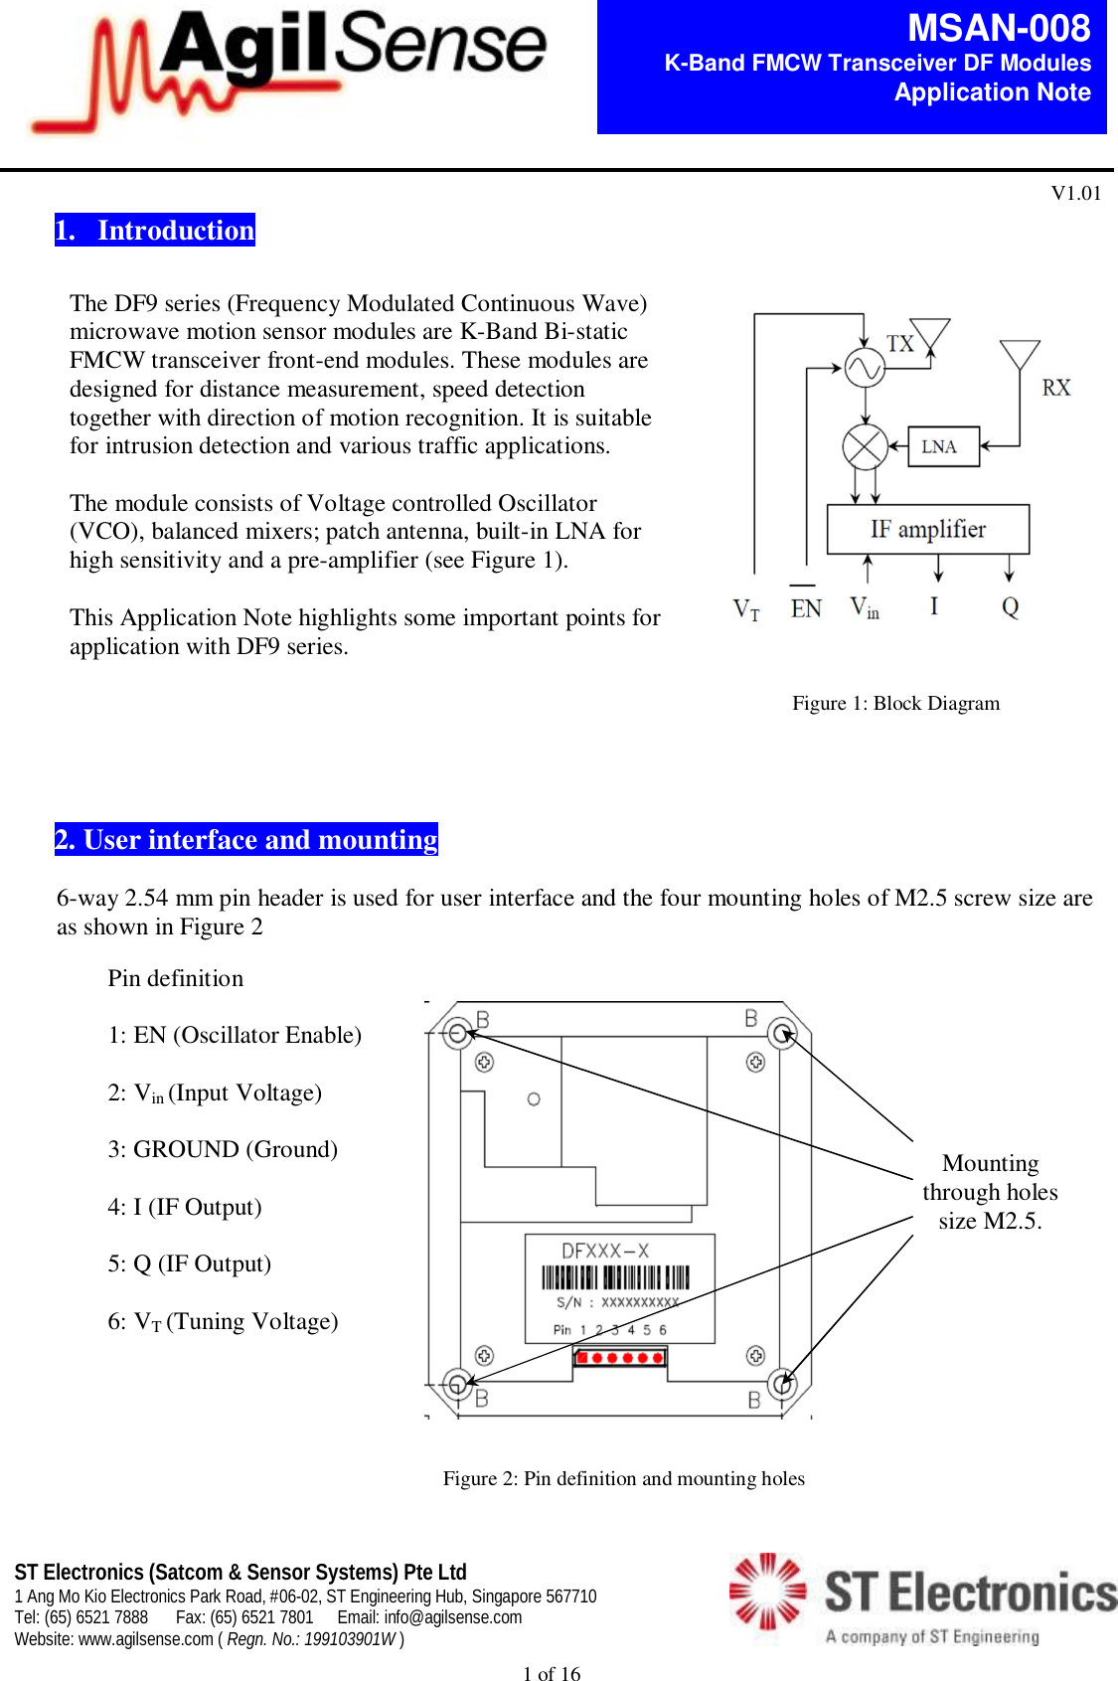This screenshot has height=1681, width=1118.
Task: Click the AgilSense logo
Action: tap(288, 68)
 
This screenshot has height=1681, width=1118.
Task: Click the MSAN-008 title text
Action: tap(998, 28)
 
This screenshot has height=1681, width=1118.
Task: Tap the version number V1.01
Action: tap(1075, 193)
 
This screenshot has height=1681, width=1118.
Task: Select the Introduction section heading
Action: tap(155, 231)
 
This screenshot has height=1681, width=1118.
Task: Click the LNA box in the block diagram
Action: tap(938, 447)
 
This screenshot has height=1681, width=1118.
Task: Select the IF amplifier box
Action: tap(927, 529)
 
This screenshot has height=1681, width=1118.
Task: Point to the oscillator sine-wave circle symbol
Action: tap(865, 369)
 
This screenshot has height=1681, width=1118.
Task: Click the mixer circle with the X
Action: tap(865, 447)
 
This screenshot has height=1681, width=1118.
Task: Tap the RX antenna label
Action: tap(1055, 388)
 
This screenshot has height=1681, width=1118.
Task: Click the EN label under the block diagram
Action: tap(805, 608)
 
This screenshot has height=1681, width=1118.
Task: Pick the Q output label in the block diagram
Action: tap(1010, 607)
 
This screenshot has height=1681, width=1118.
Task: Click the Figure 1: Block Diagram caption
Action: tap(895, 703)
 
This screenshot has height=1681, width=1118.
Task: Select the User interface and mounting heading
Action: tap(246, 840)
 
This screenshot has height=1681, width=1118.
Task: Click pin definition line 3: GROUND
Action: tap(223, 1149)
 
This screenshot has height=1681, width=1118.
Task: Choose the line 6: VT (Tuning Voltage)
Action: tap(223, 1321)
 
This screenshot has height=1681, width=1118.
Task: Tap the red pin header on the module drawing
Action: tap(619, 1357)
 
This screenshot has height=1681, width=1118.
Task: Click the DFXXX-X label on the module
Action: tap(604, 1251)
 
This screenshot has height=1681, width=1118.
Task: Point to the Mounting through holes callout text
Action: tap(990, 1192)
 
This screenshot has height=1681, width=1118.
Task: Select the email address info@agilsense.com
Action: tap(452, 1617)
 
